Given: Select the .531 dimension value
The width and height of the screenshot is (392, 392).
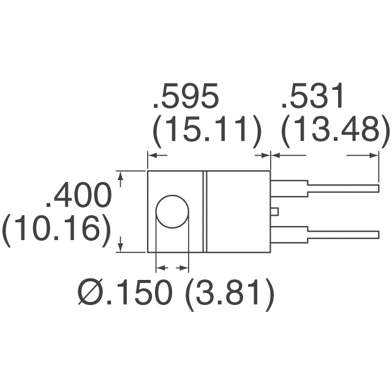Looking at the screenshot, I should [x=314, y=99].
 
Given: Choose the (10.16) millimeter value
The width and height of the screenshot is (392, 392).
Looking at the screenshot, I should [x=56, y=230].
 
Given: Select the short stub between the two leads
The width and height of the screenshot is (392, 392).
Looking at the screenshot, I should [x=274, y=211].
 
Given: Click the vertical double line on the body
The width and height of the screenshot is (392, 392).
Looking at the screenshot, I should [x=205, y=211].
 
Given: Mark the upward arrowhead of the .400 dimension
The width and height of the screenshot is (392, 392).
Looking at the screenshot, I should [x=121, y=178].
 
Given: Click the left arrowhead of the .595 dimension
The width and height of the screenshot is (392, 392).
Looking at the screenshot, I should [x=153, y=156].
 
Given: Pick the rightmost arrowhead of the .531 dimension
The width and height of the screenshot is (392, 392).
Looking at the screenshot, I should [x=371, y=156].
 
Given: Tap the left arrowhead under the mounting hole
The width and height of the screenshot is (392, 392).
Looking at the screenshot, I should [x=161, y=268].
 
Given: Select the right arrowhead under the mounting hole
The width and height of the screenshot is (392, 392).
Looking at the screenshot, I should [x=182, y=268].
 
